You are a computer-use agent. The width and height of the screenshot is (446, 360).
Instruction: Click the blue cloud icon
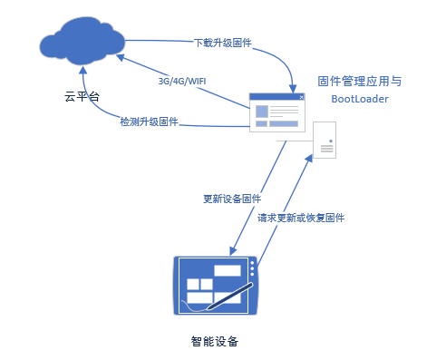(x=82, y=41)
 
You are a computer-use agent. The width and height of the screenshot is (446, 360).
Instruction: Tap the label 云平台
(x=82, y=96)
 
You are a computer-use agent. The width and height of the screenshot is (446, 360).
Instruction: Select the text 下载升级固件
(x=223, y=43)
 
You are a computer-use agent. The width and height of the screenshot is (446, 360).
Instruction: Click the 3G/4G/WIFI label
(x=182, y=81)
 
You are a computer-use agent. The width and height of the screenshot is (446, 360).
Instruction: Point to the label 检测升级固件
(x=149, y=122)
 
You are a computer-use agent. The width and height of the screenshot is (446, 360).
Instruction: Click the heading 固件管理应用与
(x=360, y=81)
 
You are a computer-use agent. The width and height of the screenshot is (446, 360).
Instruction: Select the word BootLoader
(x=360, y=99)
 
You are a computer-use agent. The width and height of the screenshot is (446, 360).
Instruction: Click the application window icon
(x=277, y=112)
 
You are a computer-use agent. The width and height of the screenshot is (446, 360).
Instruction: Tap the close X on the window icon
(x=301, y=97)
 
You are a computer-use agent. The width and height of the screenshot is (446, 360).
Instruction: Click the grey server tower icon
(x=325, y=140)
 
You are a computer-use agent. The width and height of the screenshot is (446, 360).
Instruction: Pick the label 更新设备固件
(x=232, y=199)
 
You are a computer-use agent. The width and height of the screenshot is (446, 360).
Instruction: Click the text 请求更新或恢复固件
(x=301, y=218)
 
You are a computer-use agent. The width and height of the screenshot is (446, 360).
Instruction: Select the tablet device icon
(x=215, y=286)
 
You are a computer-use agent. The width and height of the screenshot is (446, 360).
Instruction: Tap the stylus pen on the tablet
(x=230, y=297)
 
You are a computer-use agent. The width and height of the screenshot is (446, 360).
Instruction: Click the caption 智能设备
(x=215, y=341)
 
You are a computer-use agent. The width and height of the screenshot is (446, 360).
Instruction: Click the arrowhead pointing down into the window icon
(x=293, y=89)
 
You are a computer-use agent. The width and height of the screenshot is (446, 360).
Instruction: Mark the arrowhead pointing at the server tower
(x=309, y=158)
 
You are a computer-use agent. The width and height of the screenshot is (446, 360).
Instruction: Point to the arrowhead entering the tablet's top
(x=232, y=251)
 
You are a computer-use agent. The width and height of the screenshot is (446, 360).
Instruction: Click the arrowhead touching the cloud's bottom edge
(x=83, y=70)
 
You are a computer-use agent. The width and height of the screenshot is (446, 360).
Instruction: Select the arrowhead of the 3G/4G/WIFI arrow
(x=121, y=57)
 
